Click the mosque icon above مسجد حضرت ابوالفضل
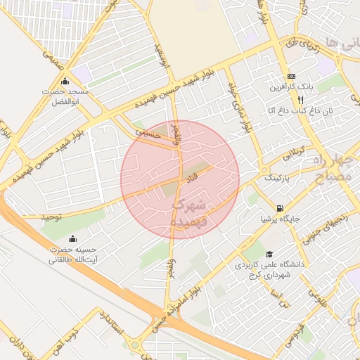coord(65,81)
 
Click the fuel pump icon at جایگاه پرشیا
coord(281,207)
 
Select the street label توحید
coord(51,217)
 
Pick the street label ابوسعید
coord(163,55)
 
